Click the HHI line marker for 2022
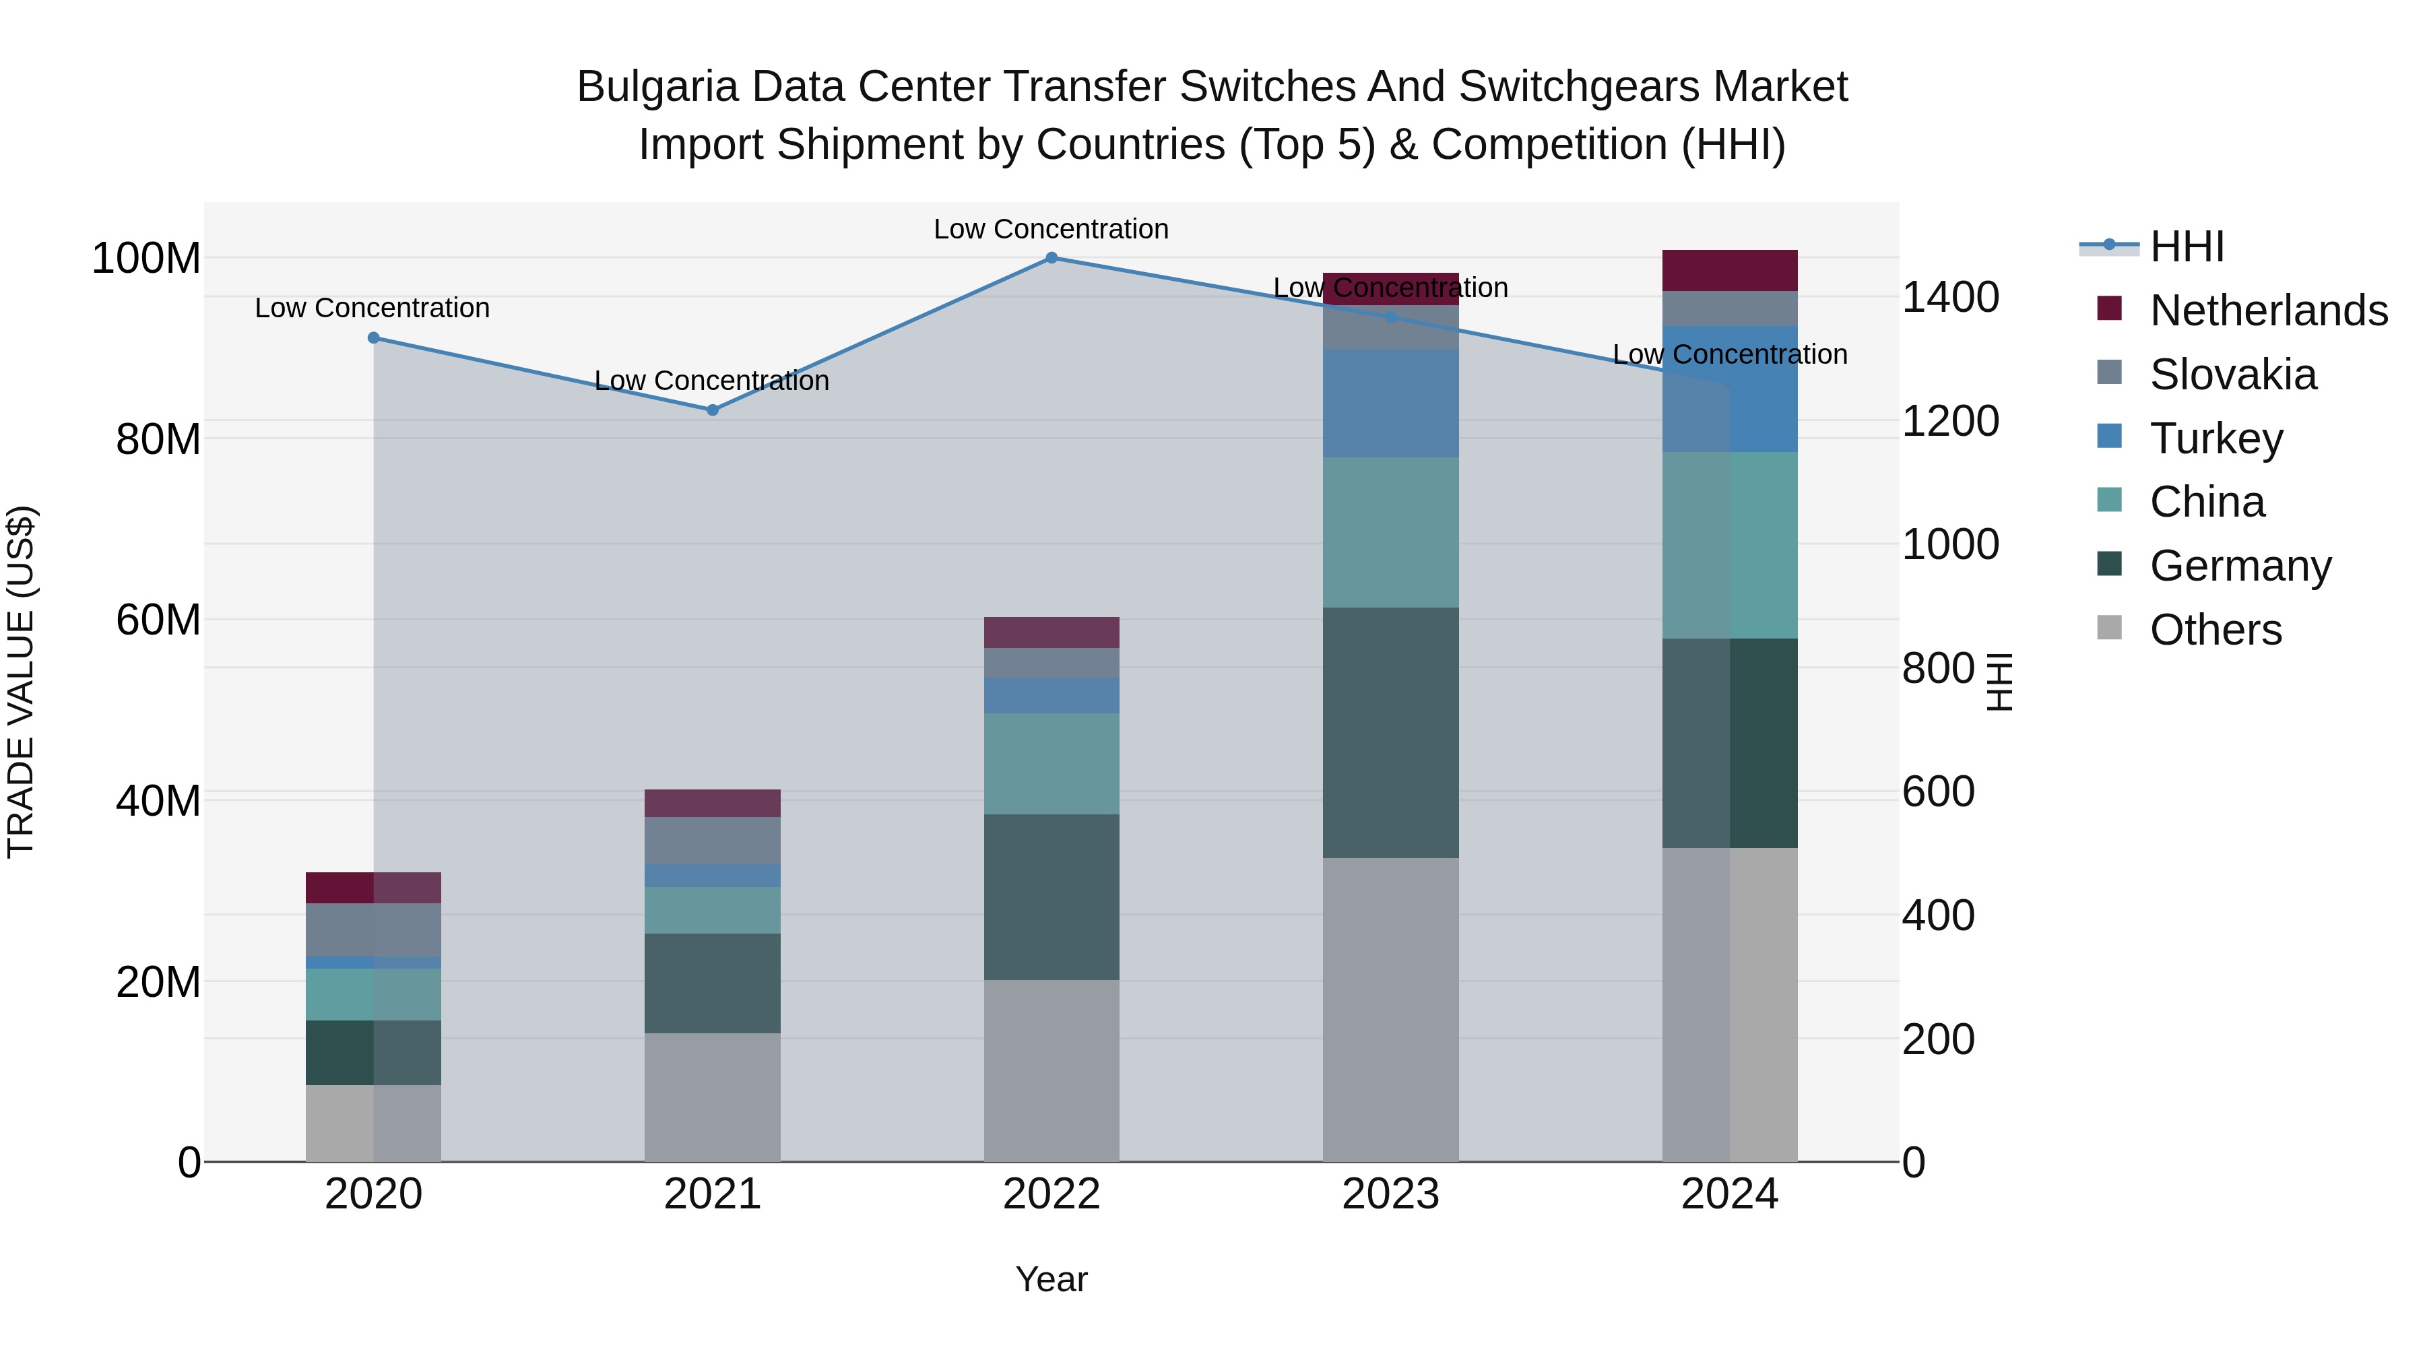(1052, 257)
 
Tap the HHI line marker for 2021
(713, 410)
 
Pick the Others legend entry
(2215, 630)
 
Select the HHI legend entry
(2186, 247)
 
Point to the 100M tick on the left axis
(146, 258)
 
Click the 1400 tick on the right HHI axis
(1951, 298)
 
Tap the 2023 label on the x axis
(1390, 1194)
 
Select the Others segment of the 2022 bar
(1052, 1070)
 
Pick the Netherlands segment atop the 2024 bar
(1729, 270)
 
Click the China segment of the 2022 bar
(1052, 763)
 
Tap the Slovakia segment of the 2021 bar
(713, 841)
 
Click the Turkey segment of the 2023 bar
(1390, 403)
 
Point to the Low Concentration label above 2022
(1051, 229)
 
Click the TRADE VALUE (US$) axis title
(21, 682)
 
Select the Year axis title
(1052, 1279)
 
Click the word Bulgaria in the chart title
(657, 87)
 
